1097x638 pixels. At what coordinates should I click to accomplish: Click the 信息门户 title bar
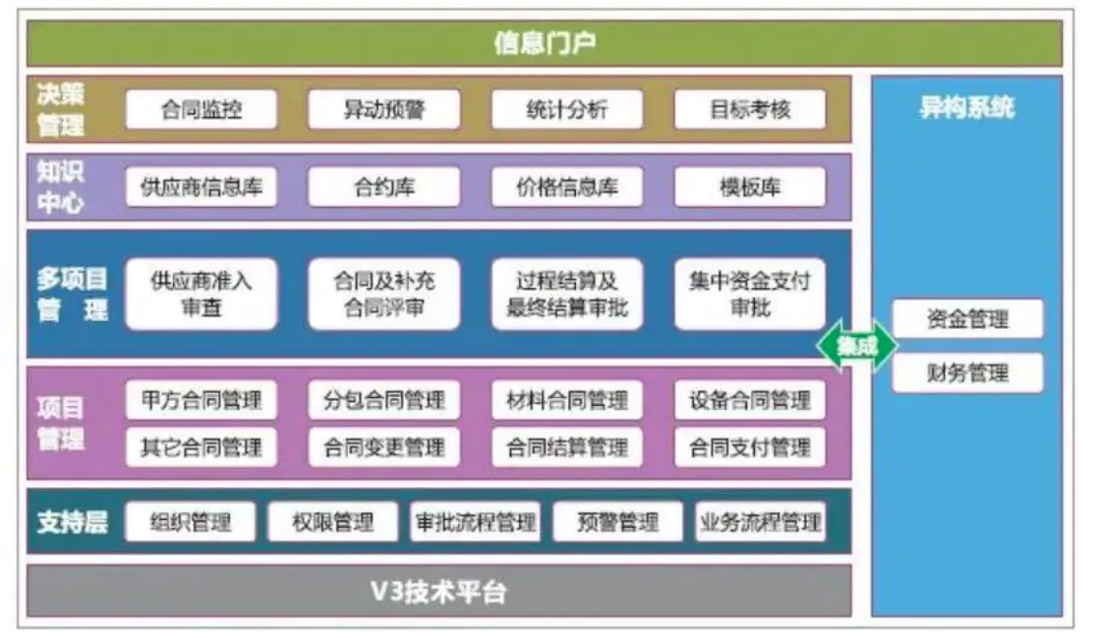click(544, 43)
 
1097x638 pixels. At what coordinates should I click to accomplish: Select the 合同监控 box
click(201, 110)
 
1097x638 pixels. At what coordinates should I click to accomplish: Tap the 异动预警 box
click(384, 110)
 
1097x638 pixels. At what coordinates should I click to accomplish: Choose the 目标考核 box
click(750, 110)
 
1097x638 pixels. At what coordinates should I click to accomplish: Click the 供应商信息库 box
click(201, 188)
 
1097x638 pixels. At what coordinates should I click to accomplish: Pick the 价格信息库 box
click(567, 188)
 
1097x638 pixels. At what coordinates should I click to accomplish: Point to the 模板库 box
click(750, 188)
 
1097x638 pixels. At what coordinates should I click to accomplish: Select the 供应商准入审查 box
click(201, 294)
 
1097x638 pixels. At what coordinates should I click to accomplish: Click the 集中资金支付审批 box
click(750, 294)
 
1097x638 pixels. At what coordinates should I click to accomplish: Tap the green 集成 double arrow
click(857, 345)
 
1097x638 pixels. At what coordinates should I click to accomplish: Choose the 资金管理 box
click(967, 319)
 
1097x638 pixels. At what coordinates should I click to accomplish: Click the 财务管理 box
click(967, 373)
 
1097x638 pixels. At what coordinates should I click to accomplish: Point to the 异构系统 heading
click(967, 107)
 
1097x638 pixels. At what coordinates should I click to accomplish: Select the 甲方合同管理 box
click(201, 400)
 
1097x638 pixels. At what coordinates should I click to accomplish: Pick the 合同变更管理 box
click(384, 448)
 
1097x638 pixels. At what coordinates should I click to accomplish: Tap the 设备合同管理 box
click(750, 400)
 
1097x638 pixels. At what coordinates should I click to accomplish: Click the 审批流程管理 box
click(475, 523)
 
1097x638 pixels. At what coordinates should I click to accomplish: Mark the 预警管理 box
click(618, 523)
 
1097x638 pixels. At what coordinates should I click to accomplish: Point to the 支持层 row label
click(72, 523)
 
